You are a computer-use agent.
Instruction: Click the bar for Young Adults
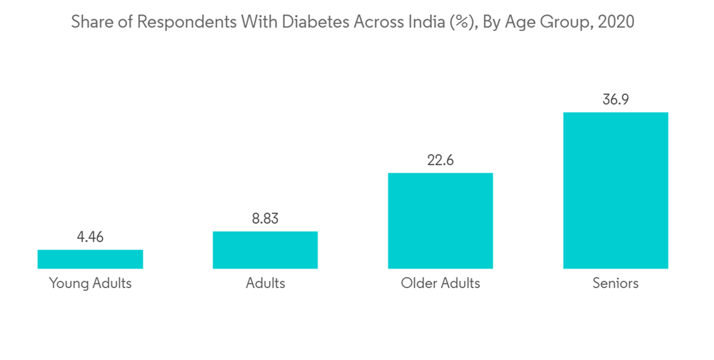tap(90, 259)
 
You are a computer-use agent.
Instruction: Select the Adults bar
tap(265, 250)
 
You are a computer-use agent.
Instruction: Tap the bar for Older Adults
tap(440, 221)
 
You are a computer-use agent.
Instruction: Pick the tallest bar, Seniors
tap(615, 190)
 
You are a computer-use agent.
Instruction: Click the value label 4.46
tap(90, 237)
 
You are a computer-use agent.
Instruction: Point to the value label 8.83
tap(265, 219)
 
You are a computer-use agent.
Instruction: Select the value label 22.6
tap(440, 160)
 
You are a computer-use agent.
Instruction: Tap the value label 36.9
tap(615, 99)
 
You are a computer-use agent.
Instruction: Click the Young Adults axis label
tap(90, 284)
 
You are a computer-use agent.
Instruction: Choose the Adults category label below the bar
tap(265, 284)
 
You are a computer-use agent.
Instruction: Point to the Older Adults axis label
tap(440, 284)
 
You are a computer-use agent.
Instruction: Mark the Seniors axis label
tap(615, 284)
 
